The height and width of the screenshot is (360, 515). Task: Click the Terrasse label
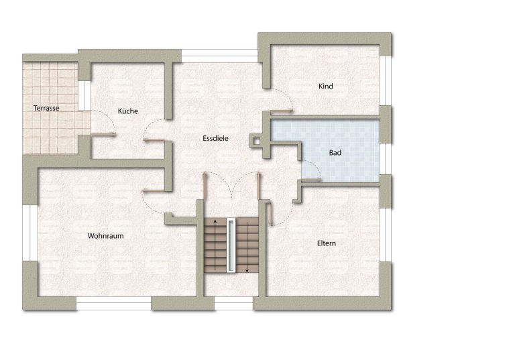[x=46, y=108]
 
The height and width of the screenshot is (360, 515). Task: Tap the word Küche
[x=128, y=111]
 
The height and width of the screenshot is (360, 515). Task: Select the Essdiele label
[x=215, y=138]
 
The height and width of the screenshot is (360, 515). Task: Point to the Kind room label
[x=326, y=86]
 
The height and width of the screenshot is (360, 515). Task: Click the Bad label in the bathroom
[x=335, y=153]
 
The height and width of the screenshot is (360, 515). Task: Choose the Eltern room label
[x=327, y=243]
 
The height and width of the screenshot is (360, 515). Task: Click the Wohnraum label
[x=106, y=236]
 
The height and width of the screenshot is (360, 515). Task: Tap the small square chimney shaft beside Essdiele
[x=257, y=141]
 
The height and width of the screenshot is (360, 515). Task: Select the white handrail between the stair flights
[x=231, y=245]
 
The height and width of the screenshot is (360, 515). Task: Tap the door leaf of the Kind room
[x=281, y=111]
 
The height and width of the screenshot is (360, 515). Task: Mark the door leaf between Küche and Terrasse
[x=103, y=134]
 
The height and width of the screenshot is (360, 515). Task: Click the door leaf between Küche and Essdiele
[x=154, y=141]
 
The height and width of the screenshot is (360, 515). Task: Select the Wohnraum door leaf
[x=154, y=190]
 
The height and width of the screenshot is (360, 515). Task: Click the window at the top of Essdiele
[x=219, y=56]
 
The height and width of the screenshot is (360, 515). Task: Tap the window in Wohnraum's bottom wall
[x=114, y=304]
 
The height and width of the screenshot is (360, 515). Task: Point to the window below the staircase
[x=233, y=304]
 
